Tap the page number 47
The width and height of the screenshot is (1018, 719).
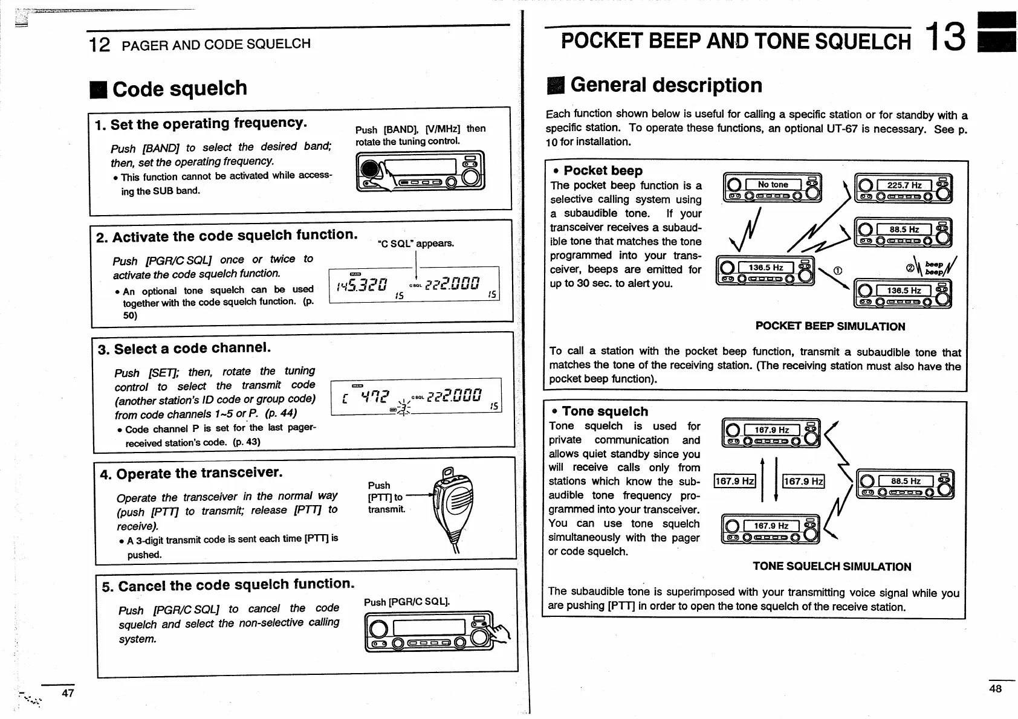[68, 693]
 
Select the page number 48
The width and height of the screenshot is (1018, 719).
[995, 688]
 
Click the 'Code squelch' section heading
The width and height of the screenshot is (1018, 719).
[180, 89]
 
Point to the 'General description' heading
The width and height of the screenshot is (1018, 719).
[666, 85]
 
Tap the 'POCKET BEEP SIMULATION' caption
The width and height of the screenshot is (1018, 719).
[830, 326]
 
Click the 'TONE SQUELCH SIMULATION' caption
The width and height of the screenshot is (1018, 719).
[831, 566]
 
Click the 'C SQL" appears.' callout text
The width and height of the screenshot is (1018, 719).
[415, 243]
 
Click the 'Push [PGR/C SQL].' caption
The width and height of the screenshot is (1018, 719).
[407, 602]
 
